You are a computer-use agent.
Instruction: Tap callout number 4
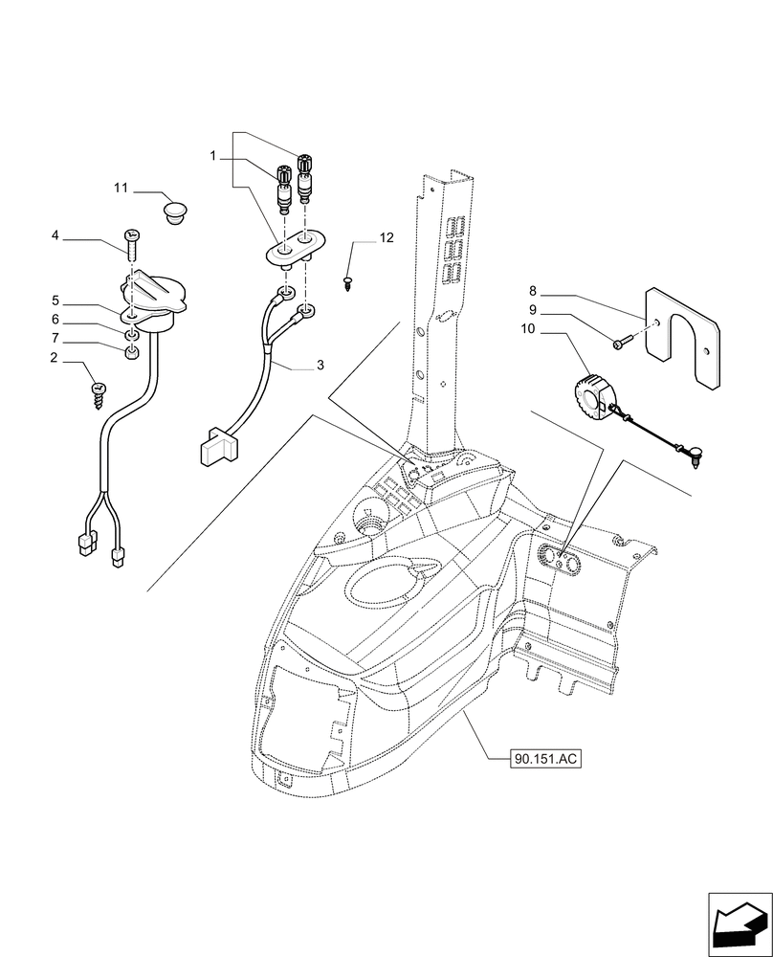[82, 235]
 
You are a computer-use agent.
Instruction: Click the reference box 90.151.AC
[546, 758]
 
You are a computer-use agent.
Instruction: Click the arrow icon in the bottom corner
[738, 925]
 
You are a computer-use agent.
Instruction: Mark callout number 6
[82, 320]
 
